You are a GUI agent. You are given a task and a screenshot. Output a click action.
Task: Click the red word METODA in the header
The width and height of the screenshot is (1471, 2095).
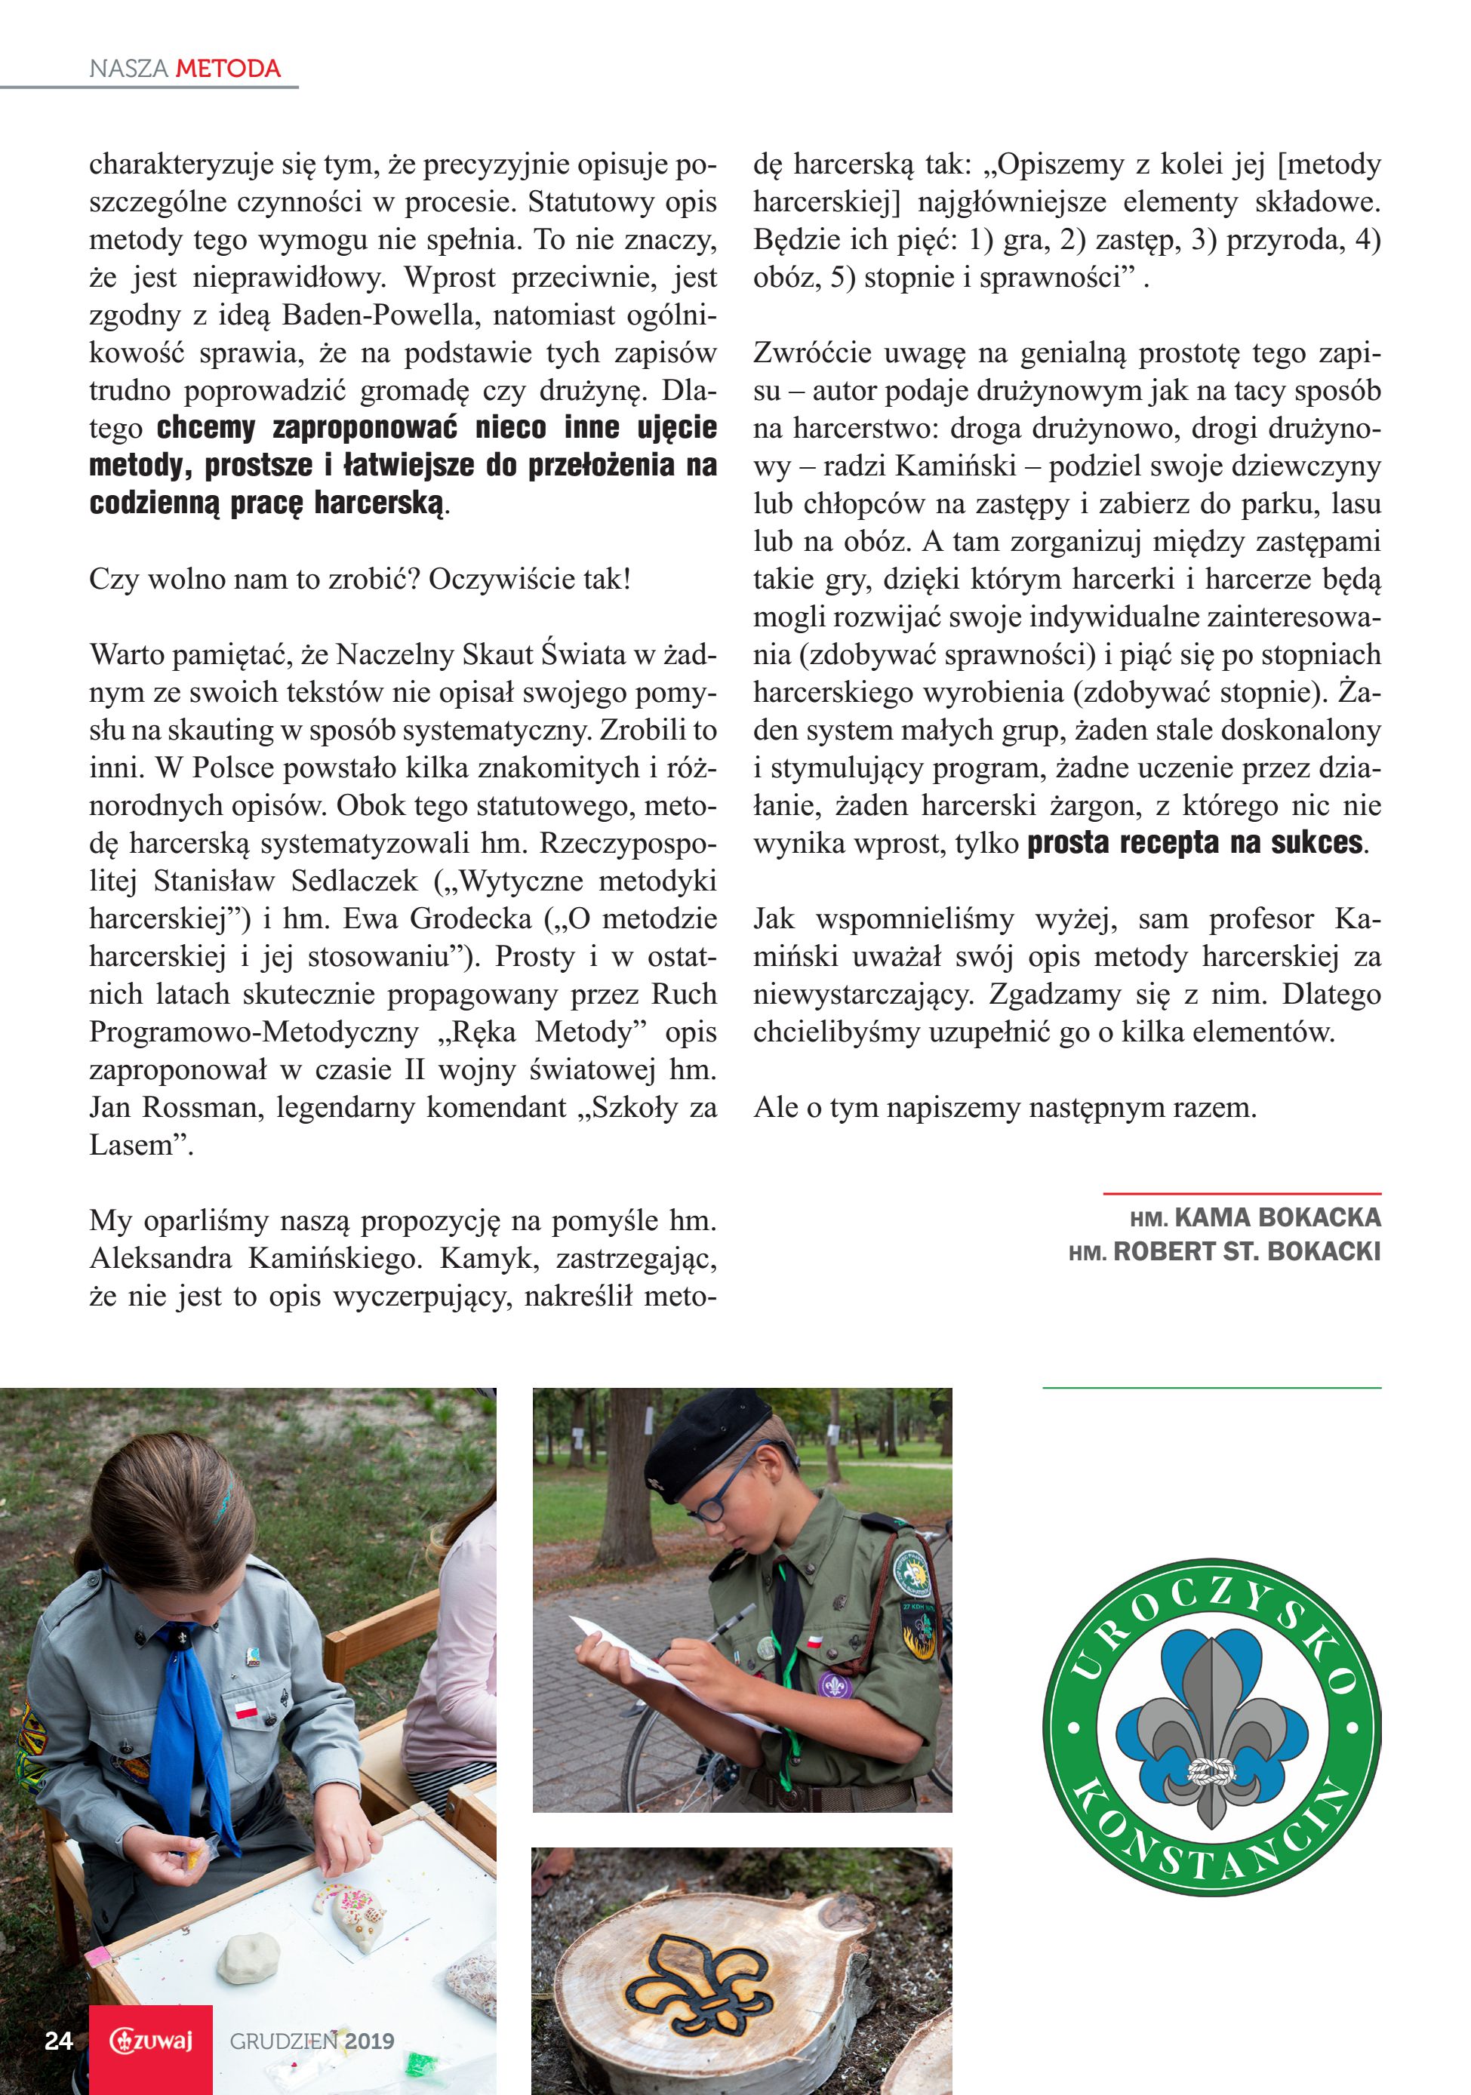coord(228,69)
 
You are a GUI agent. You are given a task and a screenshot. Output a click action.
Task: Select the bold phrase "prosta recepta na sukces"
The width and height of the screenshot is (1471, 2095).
coord(1195,843)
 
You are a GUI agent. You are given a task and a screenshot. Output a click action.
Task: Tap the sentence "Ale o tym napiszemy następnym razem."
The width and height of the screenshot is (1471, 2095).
coord(1005,1108)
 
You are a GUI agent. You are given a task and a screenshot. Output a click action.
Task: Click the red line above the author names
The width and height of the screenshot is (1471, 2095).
coord(1241,1193)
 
